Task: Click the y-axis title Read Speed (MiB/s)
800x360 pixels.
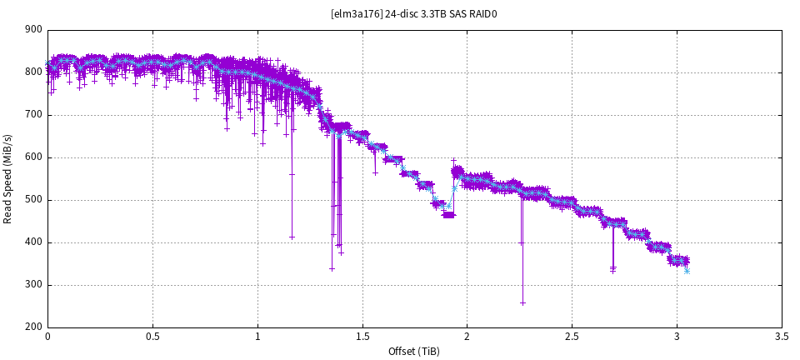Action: pyautogui.click(x=8, y=178)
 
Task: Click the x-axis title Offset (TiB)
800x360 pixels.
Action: pyautogui.click(x=414, y=351)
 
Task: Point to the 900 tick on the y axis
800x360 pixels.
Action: pyautogui.click(x=33, y=30)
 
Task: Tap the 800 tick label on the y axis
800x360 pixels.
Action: pyautogui.click(x=33, y=72)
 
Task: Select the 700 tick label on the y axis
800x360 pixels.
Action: pyautogui.click(x=33, y=115)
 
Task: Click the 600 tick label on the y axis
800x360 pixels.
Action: pyautogui.click(x=33, y=157)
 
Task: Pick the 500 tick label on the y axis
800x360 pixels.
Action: pyautogui.click(x=33, y=200)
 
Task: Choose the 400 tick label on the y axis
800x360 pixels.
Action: pyautogui.click(x=33, y=242)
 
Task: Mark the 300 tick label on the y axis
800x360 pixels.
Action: pyautogui.click(x=33, y=285)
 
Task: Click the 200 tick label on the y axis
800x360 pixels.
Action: pyautogui.click(x=33, y=327)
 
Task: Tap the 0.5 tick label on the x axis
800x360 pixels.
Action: pyautogui.click(x=152, y=337)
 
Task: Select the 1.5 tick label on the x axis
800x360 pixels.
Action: pyautogui.click(x=362, y=337)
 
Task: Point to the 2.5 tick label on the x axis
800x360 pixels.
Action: pyautogui.click(x=572, y=337)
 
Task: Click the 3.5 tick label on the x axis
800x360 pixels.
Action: pyautogui.click(x=782, y=337)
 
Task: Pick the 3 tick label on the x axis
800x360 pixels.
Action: pyautogui.click(x=677, y=337)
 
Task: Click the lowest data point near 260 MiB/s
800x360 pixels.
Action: pyautogui.click(x=522, y=302)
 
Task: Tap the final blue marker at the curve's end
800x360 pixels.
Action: pyautogui.click(x=687, y=271)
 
